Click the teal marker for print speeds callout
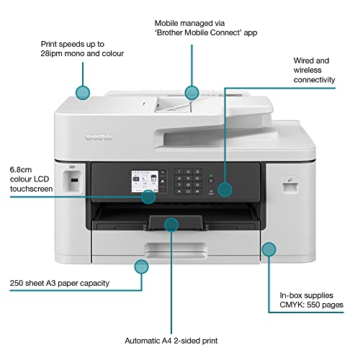point(83,91)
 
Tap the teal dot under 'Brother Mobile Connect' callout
point(191,92)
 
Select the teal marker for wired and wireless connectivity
point(225,189)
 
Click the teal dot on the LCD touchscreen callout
point(148,197)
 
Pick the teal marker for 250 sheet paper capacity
point(141,266)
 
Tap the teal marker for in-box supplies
point(269,250)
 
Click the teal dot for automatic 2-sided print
point(171,225)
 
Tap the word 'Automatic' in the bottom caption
point(148,341)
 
